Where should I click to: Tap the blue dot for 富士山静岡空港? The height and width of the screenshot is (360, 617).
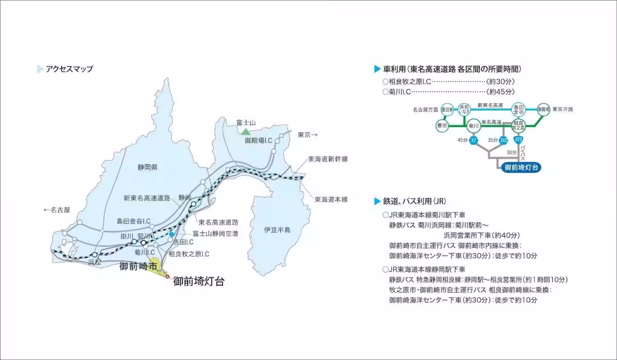pyautogui.click(x=171, y=234)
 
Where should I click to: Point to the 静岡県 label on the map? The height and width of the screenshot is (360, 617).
pyautogui.click(x=147, y=168)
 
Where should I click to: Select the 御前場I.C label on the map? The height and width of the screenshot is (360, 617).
pyautogui.click(x=258, y=140)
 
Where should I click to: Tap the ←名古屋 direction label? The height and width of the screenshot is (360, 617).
pyautogui.click(x=57, y=210)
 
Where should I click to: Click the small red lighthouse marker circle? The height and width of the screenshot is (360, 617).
pyautogui.click(x=167, y=277)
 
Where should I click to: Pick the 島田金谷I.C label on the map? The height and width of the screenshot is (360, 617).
pyautogui.click(x=133, y=221)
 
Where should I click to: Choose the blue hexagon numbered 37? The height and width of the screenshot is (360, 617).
pyautogui.click(x=474, y=140)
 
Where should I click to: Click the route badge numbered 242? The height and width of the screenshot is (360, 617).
pyautogui.click(x=504, y=140)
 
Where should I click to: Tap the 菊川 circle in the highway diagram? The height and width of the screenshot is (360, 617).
pyautogui.click(x=474, y=125)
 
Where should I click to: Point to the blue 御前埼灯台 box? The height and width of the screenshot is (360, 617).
pyautogui.click(x=522, y=168)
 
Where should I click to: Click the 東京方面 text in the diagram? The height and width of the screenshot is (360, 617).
pyautogui.click(x=562, y=110)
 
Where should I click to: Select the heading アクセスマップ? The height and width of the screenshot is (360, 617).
pyautogui.click(x=69, y=69)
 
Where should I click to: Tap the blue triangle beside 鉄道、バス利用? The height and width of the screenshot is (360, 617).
pyautogui.click(x=378, y=200)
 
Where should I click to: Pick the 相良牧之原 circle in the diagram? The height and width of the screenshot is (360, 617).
pyautogui.click(x=518, y=125)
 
